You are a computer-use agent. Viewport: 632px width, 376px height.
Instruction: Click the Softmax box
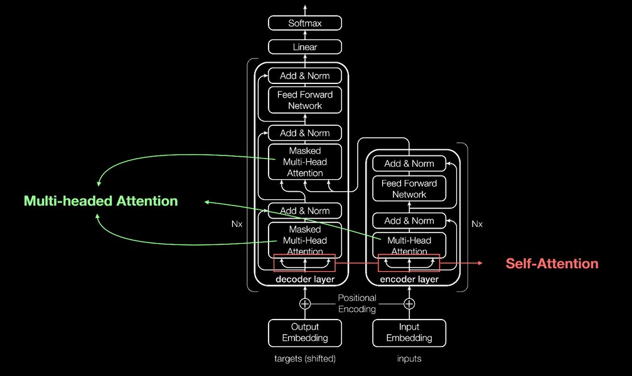(305, 23)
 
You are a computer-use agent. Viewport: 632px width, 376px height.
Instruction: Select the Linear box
(305, 47)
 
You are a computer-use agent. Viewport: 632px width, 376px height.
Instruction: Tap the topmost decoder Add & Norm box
(305, 76)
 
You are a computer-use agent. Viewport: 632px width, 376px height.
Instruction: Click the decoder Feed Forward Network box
(305, 100)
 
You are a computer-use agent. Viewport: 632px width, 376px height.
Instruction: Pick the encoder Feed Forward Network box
(409, 189)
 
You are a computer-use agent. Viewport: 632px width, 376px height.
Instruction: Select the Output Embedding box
(305, 332)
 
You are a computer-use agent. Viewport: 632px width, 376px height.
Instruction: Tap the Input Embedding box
(409, 332)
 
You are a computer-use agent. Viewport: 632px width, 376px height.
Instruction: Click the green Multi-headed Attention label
(101, 201)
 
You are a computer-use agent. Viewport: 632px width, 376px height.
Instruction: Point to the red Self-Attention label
(552, 264)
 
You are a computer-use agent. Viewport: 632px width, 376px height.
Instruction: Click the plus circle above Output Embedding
(305, 304)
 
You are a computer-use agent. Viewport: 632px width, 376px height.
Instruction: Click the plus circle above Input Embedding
(409, 304)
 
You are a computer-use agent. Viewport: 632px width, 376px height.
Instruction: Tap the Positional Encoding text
(357, 303)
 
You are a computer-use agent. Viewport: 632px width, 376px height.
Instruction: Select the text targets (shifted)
(305, 359)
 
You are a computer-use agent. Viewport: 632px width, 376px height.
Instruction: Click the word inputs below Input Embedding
(409, 359)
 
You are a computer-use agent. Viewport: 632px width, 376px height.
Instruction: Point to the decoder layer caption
(305, 279)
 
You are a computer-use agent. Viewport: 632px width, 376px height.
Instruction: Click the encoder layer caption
(409, 279)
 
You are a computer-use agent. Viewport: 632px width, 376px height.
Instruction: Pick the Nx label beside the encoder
(477, 224)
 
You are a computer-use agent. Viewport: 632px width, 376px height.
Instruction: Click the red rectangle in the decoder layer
(305, 263)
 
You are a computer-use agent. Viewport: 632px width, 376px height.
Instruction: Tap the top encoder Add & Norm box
(409, 164)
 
